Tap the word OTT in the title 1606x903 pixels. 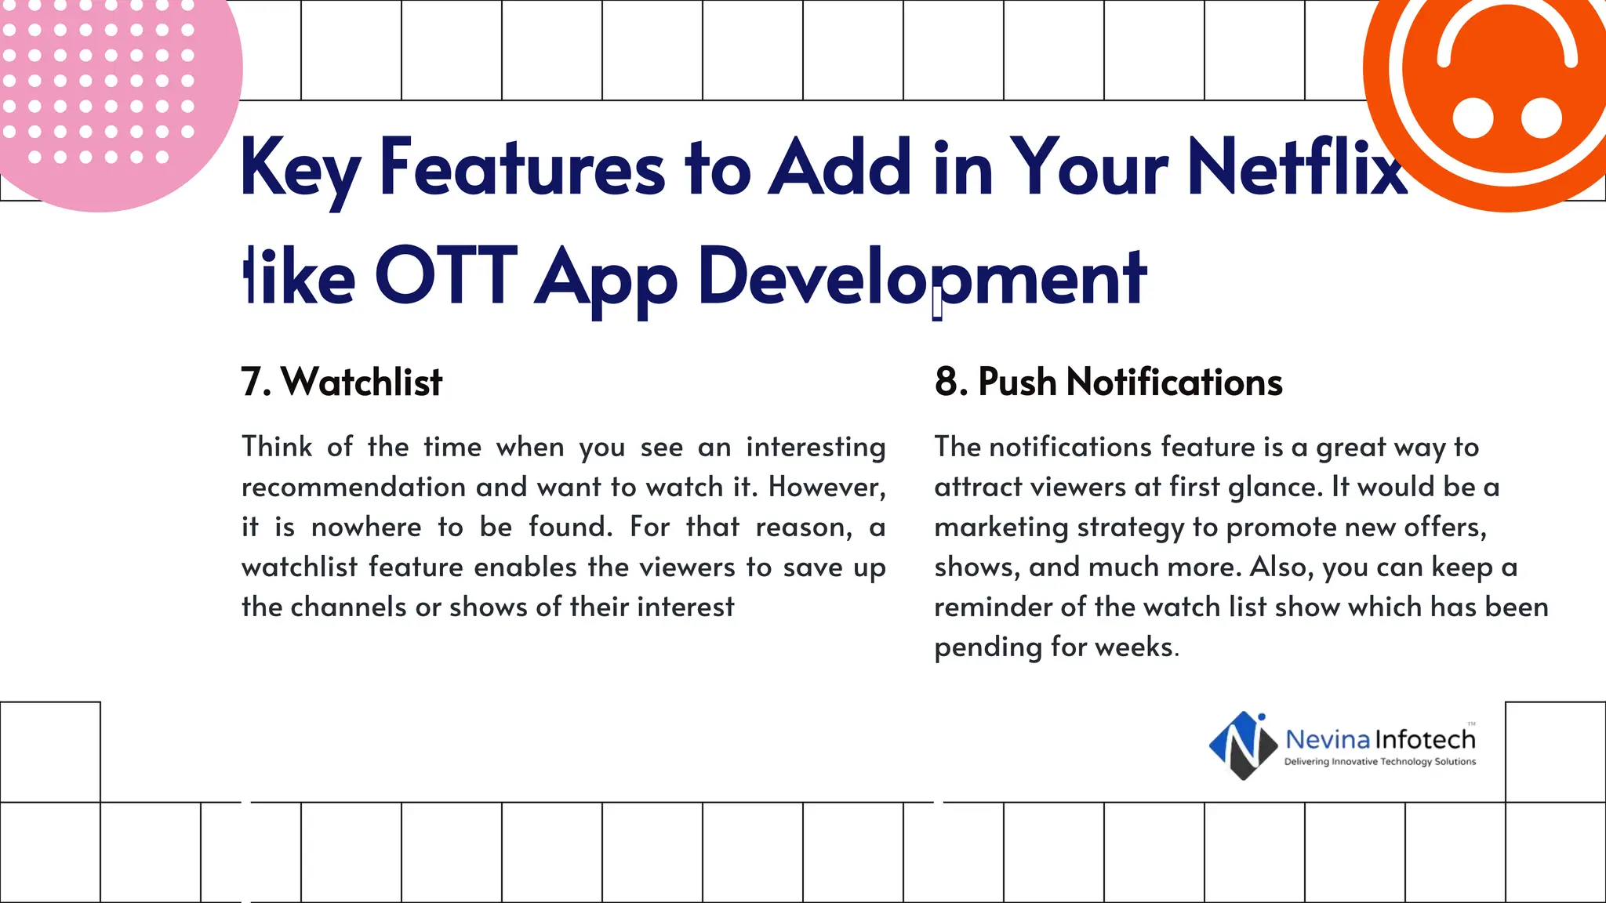click(445, 277)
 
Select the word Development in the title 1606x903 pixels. click(922, 277)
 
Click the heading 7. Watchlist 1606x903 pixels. click(342, 383)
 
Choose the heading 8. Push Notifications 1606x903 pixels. click(1108, 383)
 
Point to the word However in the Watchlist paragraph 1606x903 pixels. click(826, 488)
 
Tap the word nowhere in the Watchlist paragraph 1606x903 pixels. click(366, 528)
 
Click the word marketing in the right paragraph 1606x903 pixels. click(1001, 528)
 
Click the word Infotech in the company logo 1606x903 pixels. click(1426, 739)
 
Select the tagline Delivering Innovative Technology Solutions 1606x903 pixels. click(1379, 762)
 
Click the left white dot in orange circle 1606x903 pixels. click(1473, 118)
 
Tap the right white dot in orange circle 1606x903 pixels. click(1541, 118)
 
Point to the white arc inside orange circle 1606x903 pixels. click(1506, 24)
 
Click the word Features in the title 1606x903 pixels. click(522, 168)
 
